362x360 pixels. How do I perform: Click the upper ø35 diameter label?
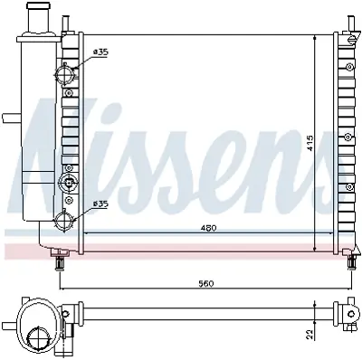point(100,52)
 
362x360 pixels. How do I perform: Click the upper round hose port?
point(65,73)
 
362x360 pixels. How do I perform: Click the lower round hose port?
point(65,220)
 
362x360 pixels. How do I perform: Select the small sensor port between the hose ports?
point(65,183)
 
